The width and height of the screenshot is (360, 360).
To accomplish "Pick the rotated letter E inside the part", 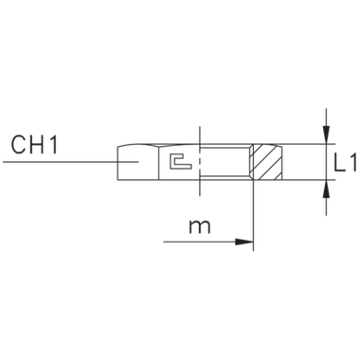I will (176, 162).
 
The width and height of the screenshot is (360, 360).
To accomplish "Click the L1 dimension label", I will (343, 164).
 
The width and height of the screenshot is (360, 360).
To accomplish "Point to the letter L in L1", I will (336, 164).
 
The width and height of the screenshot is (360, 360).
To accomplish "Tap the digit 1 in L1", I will (351, 164).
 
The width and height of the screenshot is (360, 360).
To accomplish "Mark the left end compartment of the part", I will (135, 162).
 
